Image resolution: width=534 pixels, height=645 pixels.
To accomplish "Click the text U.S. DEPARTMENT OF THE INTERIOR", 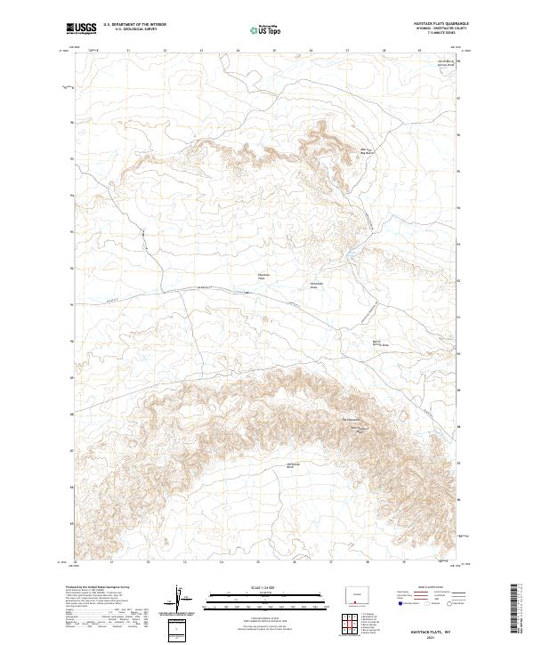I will [134, 25].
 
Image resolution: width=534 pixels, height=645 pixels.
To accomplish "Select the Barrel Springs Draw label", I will [380, 343].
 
